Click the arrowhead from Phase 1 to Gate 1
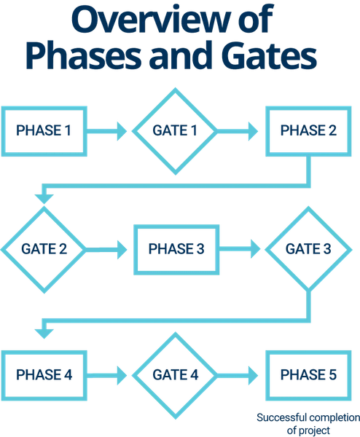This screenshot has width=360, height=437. click(122, 131)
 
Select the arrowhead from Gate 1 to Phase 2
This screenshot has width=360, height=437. click(253, 131)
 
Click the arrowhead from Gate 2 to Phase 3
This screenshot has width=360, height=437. click(122, 249)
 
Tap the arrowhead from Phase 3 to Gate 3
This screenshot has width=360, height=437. click(256, 249)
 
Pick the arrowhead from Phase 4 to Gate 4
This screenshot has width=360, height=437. click(122, 375)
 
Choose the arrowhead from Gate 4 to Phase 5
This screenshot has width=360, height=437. click(253, 375)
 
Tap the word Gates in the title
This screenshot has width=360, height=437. click(270, 55)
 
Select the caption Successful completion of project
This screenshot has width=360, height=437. click(308, 424)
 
